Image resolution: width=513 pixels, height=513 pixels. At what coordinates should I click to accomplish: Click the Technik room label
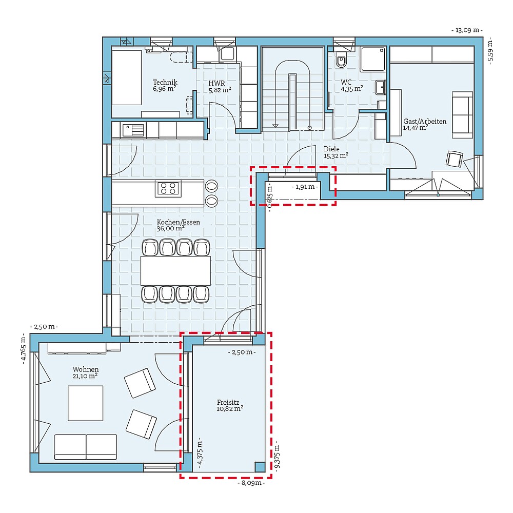pos(165,82)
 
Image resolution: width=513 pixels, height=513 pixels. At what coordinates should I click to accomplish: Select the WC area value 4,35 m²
pos(352,89)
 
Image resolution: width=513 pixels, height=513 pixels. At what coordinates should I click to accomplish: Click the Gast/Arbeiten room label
pos(424,122)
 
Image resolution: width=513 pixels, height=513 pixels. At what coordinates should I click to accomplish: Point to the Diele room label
pos(332,149)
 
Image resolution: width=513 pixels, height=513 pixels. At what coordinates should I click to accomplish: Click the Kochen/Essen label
pos(179,222)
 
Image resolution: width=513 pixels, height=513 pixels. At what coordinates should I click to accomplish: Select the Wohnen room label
pos(86,369)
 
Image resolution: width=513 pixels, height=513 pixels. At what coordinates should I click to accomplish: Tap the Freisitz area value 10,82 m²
pos(229,408)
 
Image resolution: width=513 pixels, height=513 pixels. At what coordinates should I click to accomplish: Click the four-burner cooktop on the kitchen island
pos(168,188)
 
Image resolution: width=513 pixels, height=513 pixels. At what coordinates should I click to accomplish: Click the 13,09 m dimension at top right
pos(467,30)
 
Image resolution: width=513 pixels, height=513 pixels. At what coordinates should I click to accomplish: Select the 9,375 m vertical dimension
pos(277,454)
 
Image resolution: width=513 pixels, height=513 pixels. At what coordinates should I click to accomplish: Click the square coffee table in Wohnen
pos(86,403)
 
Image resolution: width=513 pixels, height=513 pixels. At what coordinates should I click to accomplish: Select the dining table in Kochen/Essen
pos(175,271)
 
